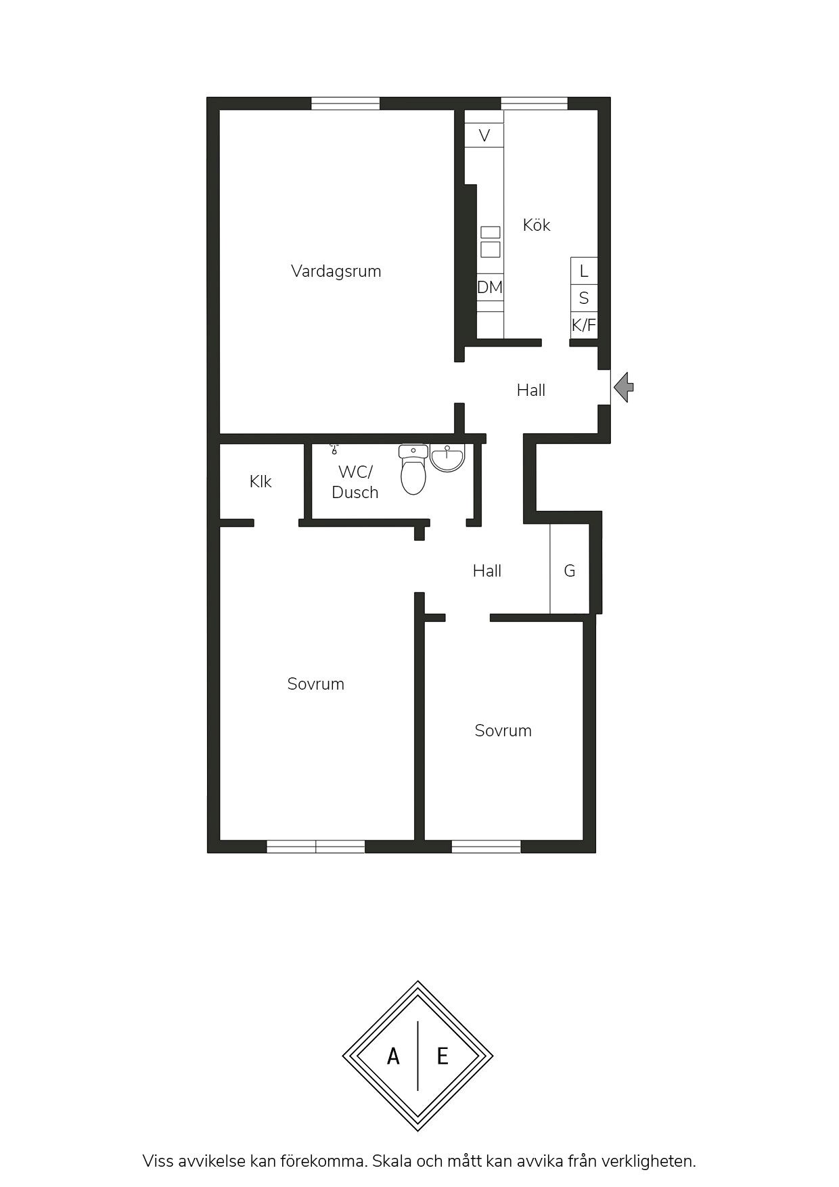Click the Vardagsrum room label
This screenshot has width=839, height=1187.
point(336,271)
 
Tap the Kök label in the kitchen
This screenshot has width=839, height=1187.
point(537,225)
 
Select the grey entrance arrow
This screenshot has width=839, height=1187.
point(624,387)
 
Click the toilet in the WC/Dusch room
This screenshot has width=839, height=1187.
point(413,469)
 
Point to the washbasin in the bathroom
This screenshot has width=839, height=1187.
point(447,458)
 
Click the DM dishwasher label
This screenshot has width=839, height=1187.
point(490,287)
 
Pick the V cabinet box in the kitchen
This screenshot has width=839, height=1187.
point(484,135)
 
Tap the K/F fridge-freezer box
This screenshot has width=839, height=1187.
point(584,325)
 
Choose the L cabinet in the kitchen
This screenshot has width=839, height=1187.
point(584,271)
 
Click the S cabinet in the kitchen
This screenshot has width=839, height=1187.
point(584,298)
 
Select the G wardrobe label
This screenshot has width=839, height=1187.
point(570,571)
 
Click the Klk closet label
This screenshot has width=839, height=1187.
point(260,481)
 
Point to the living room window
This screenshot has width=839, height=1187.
point(345,104)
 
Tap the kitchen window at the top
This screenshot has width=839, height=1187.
point(534,104)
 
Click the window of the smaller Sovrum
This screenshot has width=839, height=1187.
point(486,847)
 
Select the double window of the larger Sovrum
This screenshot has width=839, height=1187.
point(316,847)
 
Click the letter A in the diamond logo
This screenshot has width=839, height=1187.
point(393,1056)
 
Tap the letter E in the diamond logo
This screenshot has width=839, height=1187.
point(443,1056)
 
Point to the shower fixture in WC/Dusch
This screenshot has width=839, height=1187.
point(334,448)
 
